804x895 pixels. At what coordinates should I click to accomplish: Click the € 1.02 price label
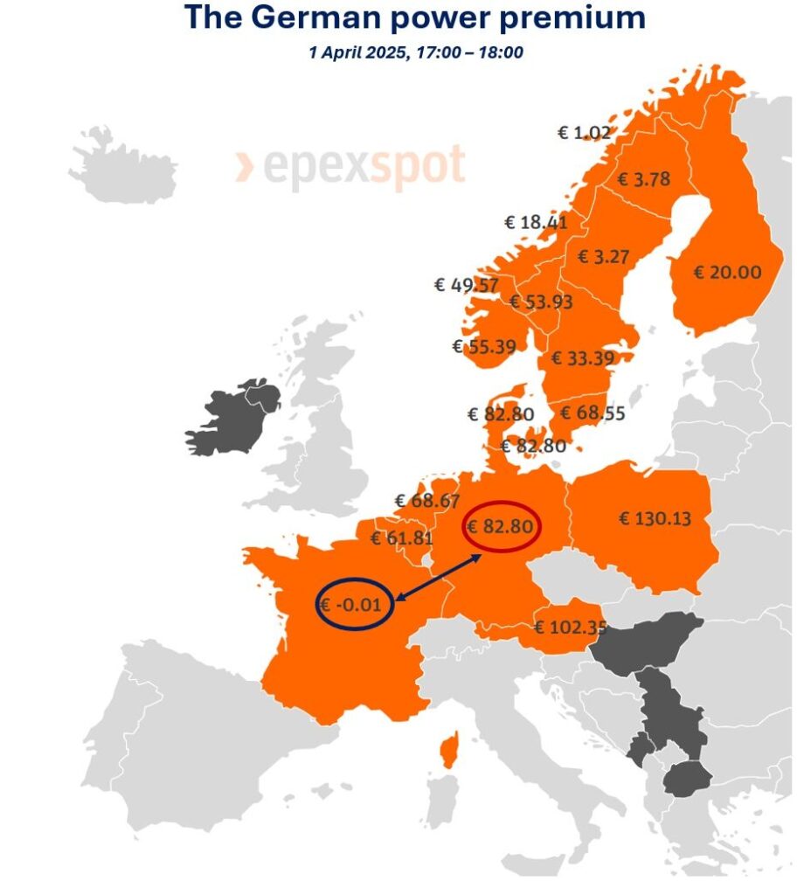[583, 133]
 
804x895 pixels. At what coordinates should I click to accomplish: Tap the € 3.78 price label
[644, 179]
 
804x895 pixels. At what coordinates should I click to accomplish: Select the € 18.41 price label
[536, 222]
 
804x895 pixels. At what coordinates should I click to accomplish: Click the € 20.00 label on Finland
[727, 272]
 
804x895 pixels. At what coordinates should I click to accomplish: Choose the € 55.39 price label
[484, 346]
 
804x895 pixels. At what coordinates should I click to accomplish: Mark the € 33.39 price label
[582, 357]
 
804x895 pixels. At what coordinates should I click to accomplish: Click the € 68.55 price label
[593, 413]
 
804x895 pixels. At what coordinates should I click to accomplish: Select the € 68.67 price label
[426, 501]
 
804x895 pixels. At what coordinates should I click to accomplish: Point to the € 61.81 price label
[402, 538]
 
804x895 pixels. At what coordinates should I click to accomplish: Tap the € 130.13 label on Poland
[655, 518]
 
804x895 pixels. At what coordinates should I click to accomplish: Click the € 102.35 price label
[569, 627]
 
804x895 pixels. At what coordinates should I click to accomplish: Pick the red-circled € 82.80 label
[502, 527]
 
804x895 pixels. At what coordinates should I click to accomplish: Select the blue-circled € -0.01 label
[353, 604]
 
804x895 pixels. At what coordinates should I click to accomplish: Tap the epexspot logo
[350, 168]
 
